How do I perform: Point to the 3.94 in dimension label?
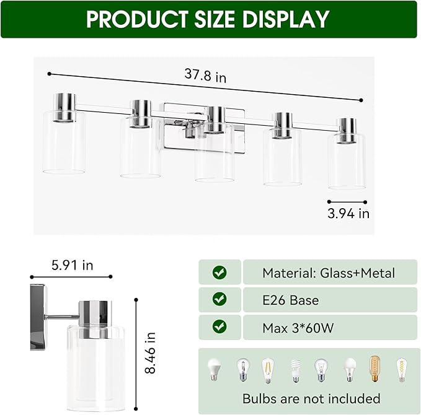347,214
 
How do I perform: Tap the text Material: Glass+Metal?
328,273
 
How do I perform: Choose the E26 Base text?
290,300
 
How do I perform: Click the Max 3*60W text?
298,328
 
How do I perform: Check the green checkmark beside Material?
219,273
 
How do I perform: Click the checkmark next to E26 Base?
219,300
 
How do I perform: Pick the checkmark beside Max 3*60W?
219,328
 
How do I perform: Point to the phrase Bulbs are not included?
311,398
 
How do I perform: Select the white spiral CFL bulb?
295,370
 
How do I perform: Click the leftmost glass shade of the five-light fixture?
64,142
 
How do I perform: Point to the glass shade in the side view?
96,353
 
